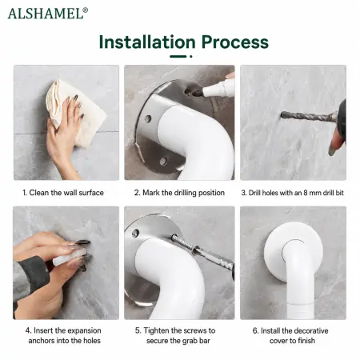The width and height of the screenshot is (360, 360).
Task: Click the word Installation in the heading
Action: point(147,42)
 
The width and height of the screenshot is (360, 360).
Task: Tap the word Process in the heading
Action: point(234,42)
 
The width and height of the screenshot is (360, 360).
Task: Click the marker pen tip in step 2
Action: point(198,93)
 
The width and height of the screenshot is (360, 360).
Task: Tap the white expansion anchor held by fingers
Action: point(69,258)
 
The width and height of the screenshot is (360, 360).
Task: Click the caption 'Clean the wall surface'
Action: point(66,193)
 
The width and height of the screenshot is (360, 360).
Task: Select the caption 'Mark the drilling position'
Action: point(183,193)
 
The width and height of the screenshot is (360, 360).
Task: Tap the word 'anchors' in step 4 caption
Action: point(42,341)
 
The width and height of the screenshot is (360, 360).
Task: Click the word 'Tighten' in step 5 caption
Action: point(156,330)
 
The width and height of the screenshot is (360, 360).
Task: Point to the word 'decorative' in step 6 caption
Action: point(310,330)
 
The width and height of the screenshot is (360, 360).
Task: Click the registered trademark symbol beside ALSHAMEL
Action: point(85,10)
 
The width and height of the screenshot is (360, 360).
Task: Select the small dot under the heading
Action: point(191,56)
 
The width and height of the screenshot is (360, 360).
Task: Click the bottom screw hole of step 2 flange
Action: point(163,161)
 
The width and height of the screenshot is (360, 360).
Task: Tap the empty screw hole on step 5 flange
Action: point(136,233)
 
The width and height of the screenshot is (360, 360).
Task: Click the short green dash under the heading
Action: point(178,56)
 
